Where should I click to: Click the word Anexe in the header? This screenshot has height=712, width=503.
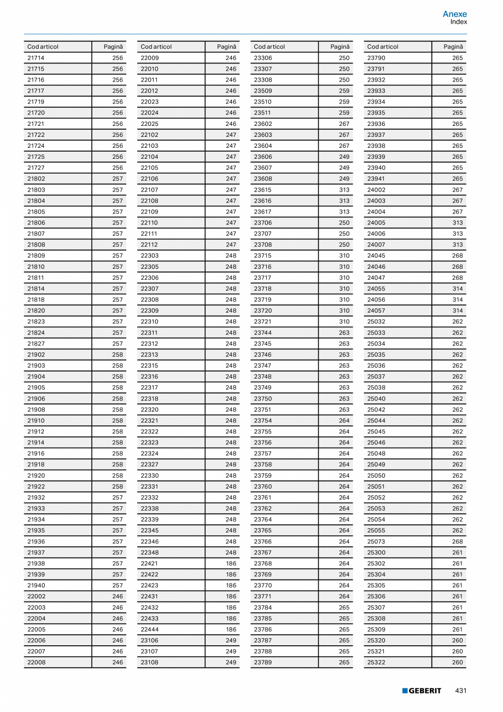click(x=455, y=14)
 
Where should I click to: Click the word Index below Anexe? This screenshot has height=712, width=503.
click(x=459, y=22)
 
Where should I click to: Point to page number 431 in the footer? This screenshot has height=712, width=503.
click(x=461, y=691)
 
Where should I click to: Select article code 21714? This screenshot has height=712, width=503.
click(x=36, y=58)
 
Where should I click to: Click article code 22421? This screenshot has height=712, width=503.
click(x=150, y=564)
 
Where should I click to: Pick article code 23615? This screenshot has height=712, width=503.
click(x=263, y=190)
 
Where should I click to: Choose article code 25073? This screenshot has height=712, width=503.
click(x=376, y=542)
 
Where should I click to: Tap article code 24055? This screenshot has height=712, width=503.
click(x=376, y=289)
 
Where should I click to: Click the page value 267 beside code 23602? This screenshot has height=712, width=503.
click(x=344, y=124)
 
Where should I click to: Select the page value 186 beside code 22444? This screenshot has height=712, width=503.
click(x=231, y=629)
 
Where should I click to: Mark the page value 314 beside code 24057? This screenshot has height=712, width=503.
click(x=458, y=311)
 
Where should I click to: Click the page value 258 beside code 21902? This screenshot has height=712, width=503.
click(x=118, y=355)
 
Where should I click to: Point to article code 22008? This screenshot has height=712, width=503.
click(x=36, y=662)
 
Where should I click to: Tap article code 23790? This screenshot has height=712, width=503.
click(x=376, y=58)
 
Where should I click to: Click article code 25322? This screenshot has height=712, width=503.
click(x=376, y=662)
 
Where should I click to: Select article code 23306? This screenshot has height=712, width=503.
click(x=263, y=58)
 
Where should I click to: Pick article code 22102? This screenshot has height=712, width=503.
click(x=150, y=135)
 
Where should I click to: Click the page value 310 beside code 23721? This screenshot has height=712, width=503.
click(x=344, y=322)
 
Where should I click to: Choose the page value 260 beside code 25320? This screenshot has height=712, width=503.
click(x=458, y=640)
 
